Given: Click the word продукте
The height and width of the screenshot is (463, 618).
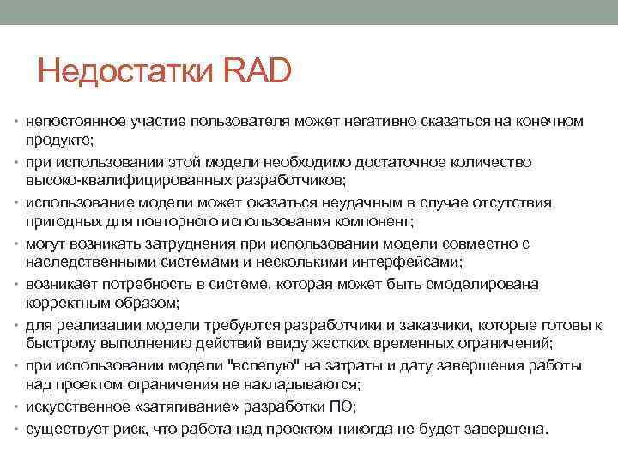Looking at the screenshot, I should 59,139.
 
